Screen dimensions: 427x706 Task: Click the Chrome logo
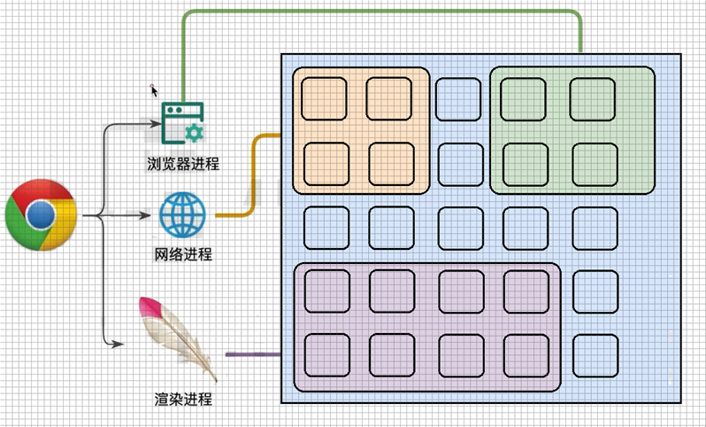tap(39, 214)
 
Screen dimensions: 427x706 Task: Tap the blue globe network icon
tap(182, 214)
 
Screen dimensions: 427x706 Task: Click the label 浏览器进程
tap(183, 163)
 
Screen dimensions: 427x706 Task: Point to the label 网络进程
tap(183, 255)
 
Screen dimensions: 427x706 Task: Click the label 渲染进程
tap(183, 399)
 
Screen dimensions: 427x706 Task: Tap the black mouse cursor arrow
tap(155, 89)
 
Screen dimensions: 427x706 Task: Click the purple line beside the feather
tap(253, 354)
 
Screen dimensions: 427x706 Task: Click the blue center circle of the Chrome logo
tap(39, 214)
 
